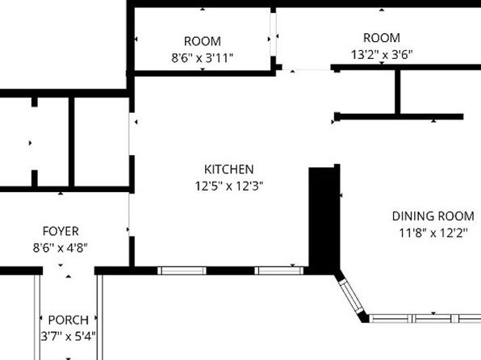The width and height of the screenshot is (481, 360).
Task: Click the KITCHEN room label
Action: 229,170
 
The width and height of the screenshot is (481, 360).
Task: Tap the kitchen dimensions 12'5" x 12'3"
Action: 229,185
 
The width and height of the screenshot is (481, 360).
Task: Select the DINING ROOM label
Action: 433,216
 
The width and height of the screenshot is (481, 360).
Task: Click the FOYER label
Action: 61,232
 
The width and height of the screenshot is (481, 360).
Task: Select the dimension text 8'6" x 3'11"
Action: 203,57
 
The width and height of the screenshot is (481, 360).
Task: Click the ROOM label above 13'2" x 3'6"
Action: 382,38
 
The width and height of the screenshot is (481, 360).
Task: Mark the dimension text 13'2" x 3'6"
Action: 382,54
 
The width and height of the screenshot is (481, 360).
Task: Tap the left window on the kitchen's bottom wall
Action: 182,270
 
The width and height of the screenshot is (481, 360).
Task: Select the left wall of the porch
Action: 38,315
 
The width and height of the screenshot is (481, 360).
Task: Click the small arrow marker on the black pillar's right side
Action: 341,195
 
